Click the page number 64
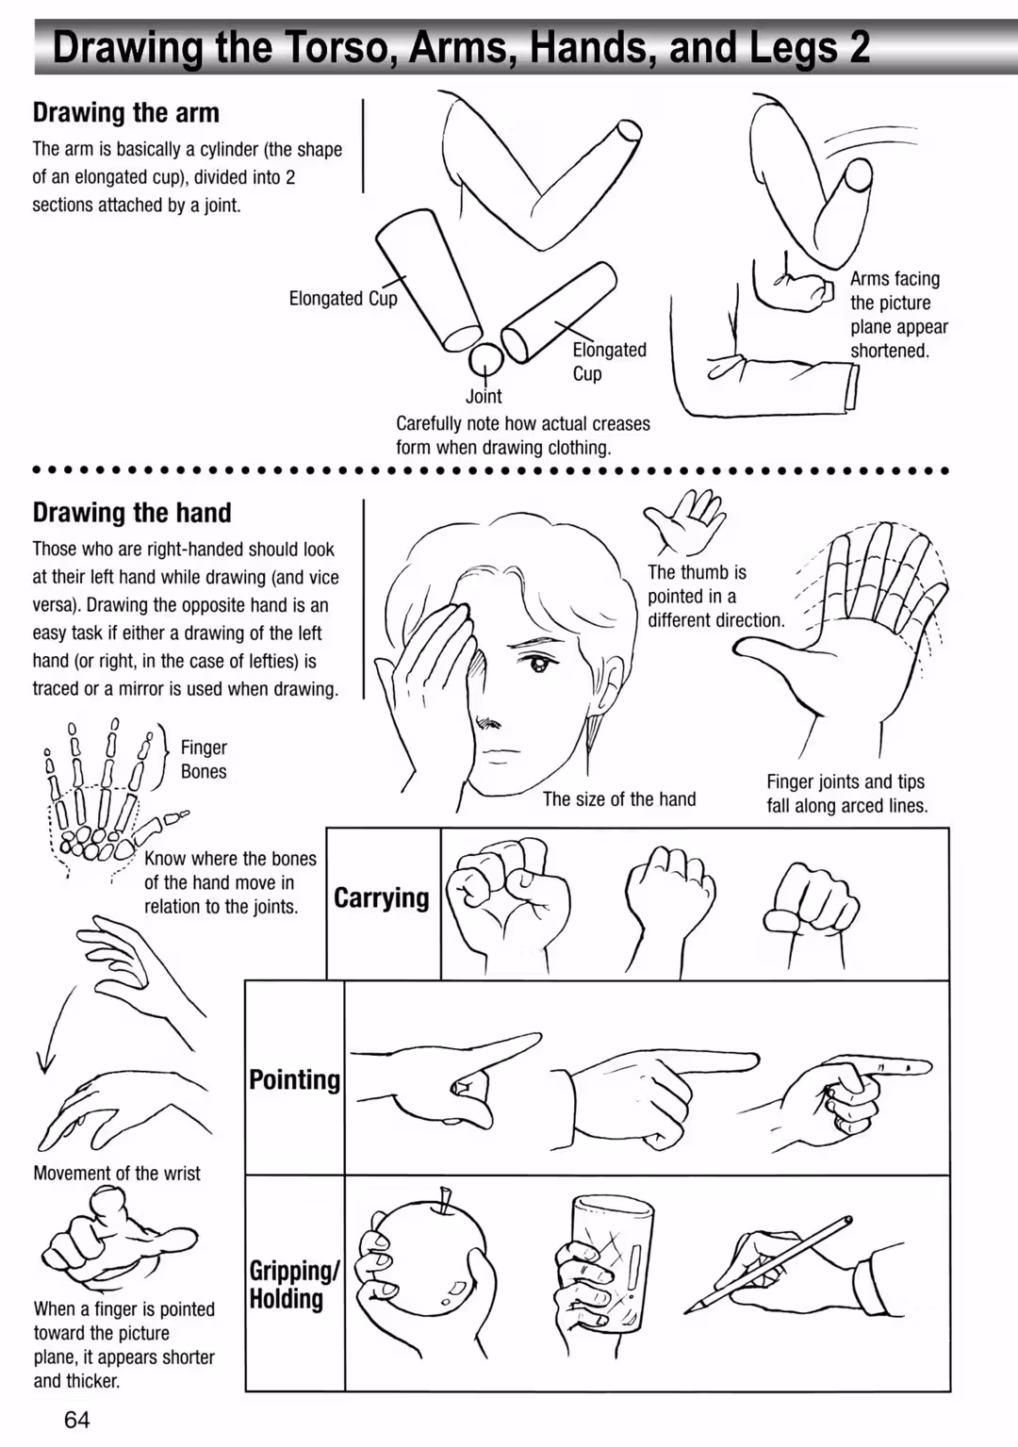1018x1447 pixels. coord(77,1420)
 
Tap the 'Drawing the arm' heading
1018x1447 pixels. coord(126,113)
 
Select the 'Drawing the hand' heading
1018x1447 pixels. coord(132,513)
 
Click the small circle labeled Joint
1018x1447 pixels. coord(485,360)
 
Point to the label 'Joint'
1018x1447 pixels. coord(484,396)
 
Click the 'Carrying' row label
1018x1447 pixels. coord(381,898)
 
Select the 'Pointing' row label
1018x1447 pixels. coord(294,1079)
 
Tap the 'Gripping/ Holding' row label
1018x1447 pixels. coord(294,1285)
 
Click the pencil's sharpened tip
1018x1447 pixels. coord(689,1309)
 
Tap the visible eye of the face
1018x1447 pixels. coord(536,663)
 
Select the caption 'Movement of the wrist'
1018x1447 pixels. coord(117,1173)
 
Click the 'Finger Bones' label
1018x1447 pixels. coord(204,759)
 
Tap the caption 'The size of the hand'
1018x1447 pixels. coord(618,799)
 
